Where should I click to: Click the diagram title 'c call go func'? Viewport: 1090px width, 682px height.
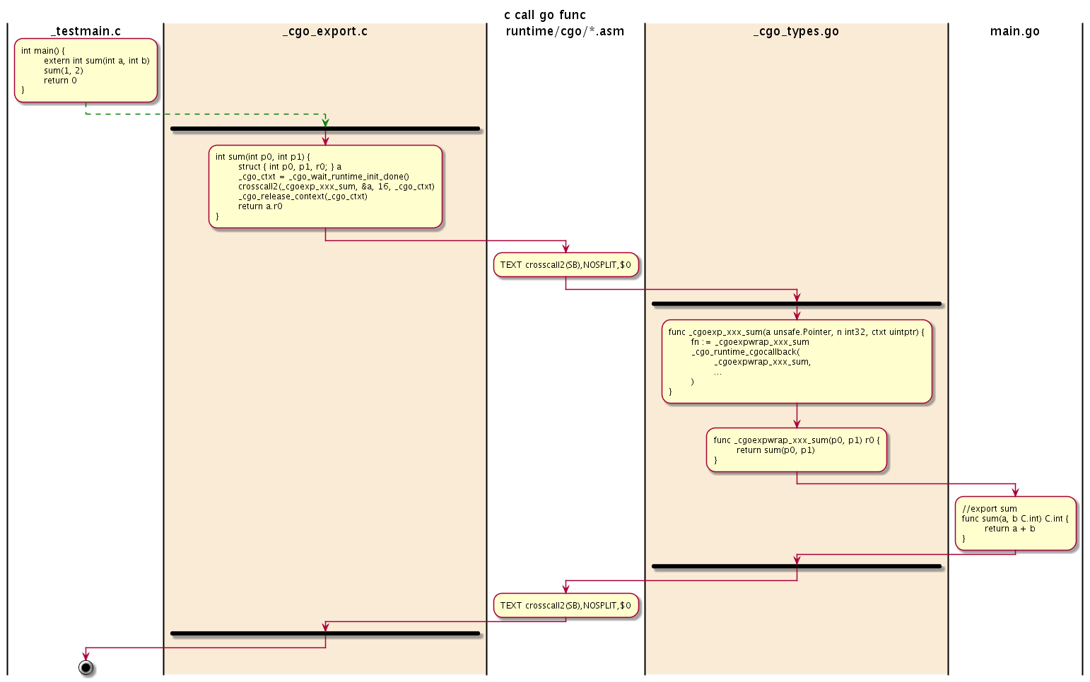[544, 15]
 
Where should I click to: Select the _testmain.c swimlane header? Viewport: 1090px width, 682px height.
[86, 31]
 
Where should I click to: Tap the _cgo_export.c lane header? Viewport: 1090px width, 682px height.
[324, 31]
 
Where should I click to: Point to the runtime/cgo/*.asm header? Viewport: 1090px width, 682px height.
[565, 31]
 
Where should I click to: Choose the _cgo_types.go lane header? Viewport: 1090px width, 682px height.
[796, 31]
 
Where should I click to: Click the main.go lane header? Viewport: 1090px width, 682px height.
[1014, 31]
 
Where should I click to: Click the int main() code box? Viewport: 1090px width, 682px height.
[86, 70]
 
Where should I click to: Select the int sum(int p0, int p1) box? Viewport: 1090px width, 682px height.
[325, 187]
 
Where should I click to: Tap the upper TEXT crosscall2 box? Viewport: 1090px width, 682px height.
[565, 265]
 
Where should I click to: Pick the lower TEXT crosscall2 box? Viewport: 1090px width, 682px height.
[565, 606]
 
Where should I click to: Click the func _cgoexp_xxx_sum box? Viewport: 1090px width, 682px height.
[797, 361]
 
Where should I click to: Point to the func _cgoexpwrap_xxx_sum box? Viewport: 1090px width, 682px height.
[797, 449]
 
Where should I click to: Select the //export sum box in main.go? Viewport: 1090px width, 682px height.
[1015, 523]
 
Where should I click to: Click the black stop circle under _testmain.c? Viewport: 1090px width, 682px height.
[86, 667]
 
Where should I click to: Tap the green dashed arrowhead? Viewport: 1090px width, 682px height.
[325, 122]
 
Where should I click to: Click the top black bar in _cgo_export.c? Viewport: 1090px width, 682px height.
[325, 129]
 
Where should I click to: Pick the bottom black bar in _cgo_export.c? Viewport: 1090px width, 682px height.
[325, 633]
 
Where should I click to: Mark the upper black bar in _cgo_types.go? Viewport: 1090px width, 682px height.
[797, 304]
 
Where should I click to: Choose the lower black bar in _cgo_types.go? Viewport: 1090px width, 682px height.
[797, 567]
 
